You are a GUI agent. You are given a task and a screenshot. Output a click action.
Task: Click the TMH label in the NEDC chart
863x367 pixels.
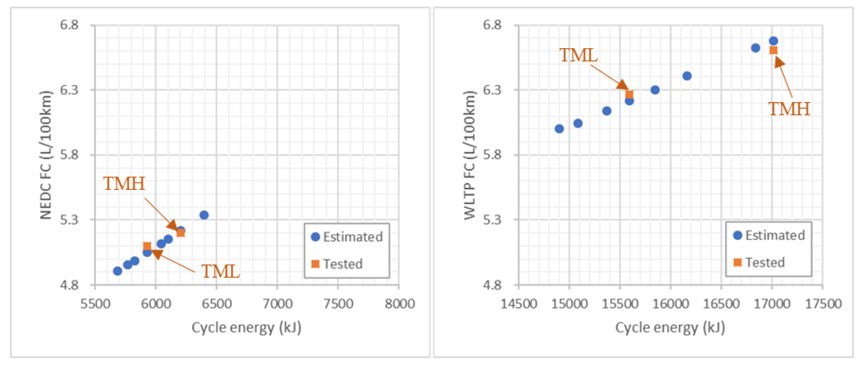pos(124,184)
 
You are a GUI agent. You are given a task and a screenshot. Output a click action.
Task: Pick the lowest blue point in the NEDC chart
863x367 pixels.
pos(117,271)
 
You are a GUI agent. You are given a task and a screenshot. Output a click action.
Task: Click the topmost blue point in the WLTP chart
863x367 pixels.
pos(773,41)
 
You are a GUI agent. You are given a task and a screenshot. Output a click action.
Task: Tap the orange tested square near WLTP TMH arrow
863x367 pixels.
pos(773,51)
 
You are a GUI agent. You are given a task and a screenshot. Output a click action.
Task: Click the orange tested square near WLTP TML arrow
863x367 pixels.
pos(629,95)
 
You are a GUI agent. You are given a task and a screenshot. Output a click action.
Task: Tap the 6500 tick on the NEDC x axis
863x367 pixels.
pos(216,304)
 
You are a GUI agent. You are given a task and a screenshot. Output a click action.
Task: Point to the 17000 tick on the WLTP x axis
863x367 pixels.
pos(772,304)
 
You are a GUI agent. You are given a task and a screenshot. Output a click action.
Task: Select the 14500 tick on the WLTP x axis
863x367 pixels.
pos(519,304)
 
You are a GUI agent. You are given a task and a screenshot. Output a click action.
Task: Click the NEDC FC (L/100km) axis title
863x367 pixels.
pos(46,155)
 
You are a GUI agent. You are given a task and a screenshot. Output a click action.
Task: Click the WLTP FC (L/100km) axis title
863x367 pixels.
pos(469,155)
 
